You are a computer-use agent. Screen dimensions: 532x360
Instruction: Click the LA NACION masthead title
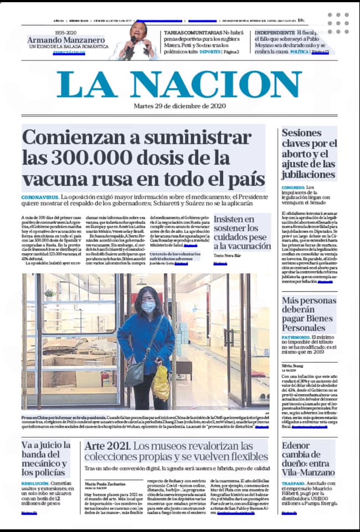click(178, 84)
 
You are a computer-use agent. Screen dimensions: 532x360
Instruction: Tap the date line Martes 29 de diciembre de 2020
click(178, 106)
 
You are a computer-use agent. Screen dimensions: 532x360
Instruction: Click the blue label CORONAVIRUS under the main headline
click(40, 197)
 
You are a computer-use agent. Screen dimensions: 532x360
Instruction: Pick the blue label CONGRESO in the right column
click(292, 187)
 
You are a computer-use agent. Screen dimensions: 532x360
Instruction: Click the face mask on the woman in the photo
click(148, 306)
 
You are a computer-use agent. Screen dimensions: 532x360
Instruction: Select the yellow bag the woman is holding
click(161, 383)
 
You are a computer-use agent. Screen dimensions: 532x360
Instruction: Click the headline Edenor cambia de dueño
click(308, 459)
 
